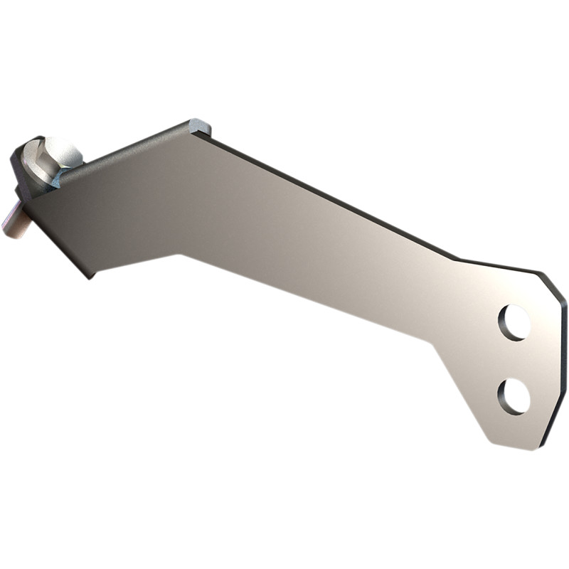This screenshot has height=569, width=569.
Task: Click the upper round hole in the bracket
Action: [x=514, y=322]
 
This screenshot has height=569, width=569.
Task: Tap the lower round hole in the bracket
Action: [x=514, y=396]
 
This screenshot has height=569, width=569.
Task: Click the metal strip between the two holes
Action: [x=514, y=359]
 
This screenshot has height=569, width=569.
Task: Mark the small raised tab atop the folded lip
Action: [x=201, y=127]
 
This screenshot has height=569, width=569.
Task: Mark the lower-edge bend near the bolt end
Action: [x=181, y=252]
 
